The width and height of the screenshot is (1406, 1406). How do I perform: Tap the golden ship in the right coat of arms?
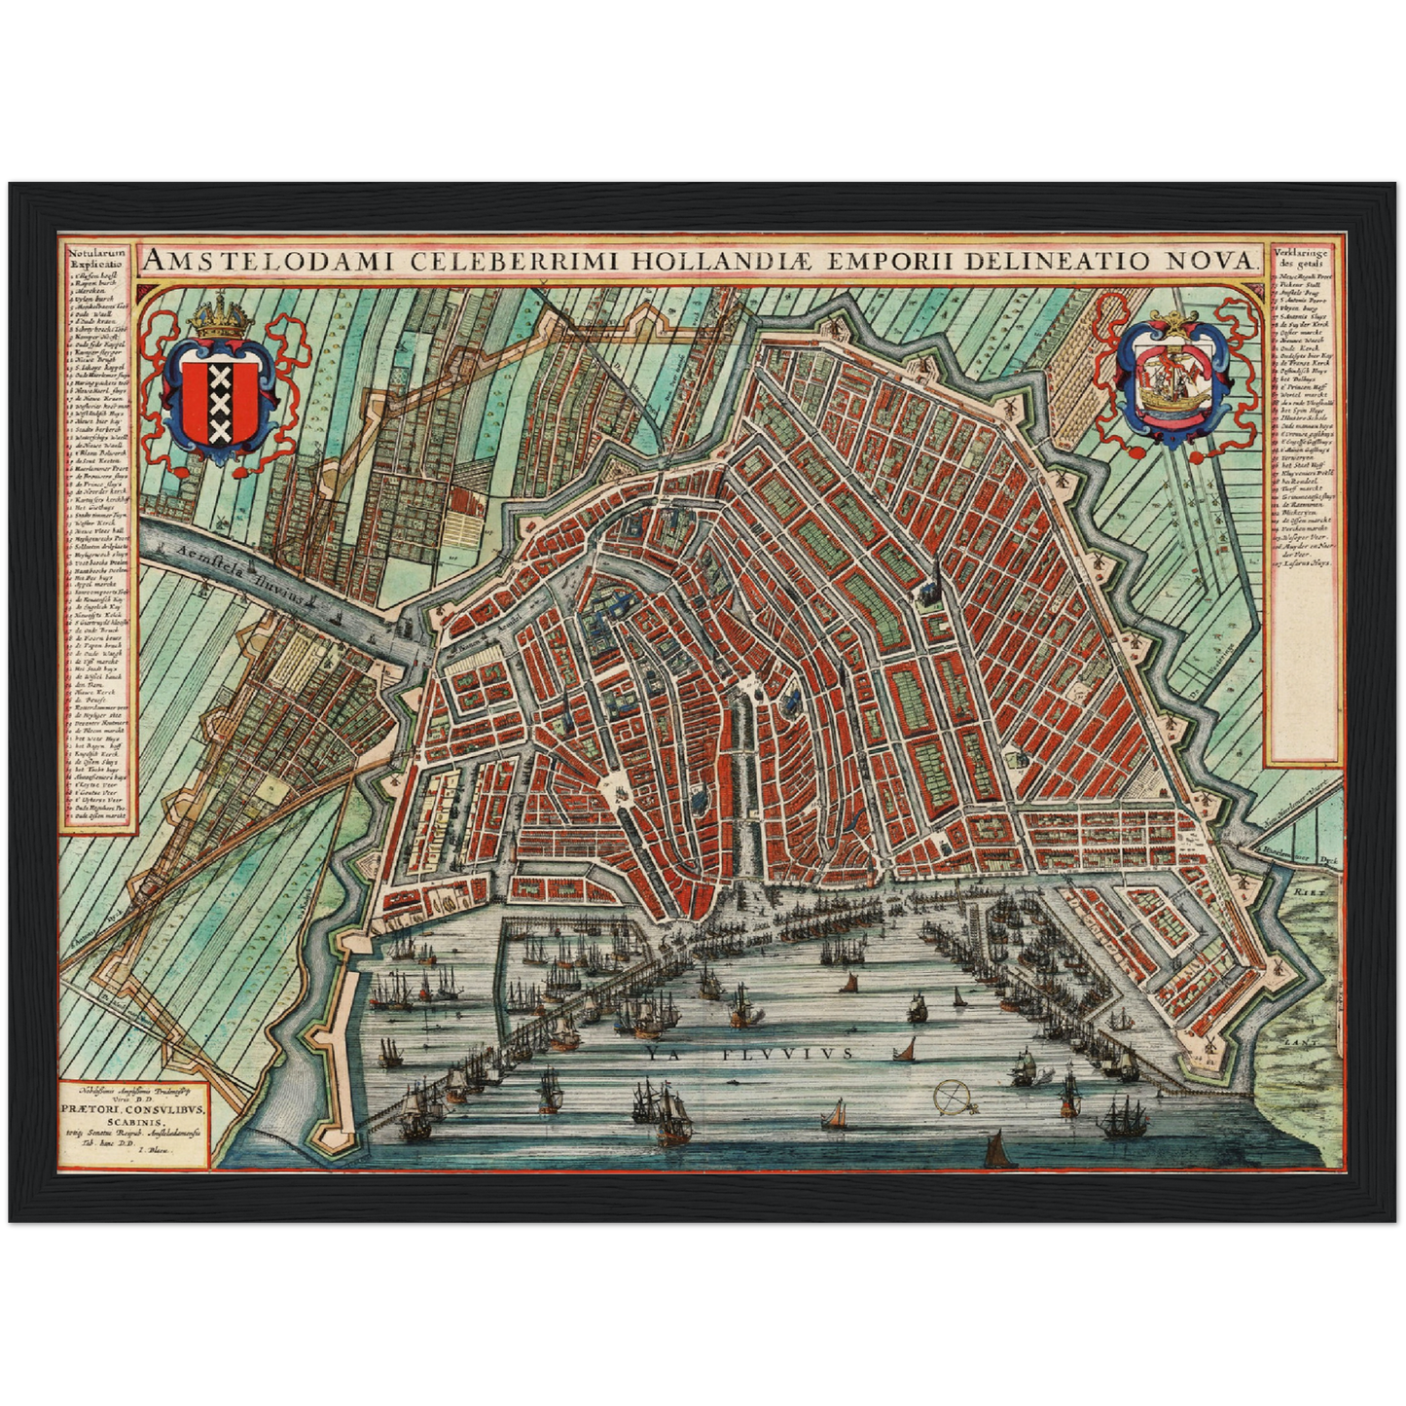pyautogui.click(x=1173, y=384)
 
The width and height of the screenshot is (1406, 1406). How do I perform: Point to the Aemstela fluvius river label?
pyautogui.click(x=235, y=568)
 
